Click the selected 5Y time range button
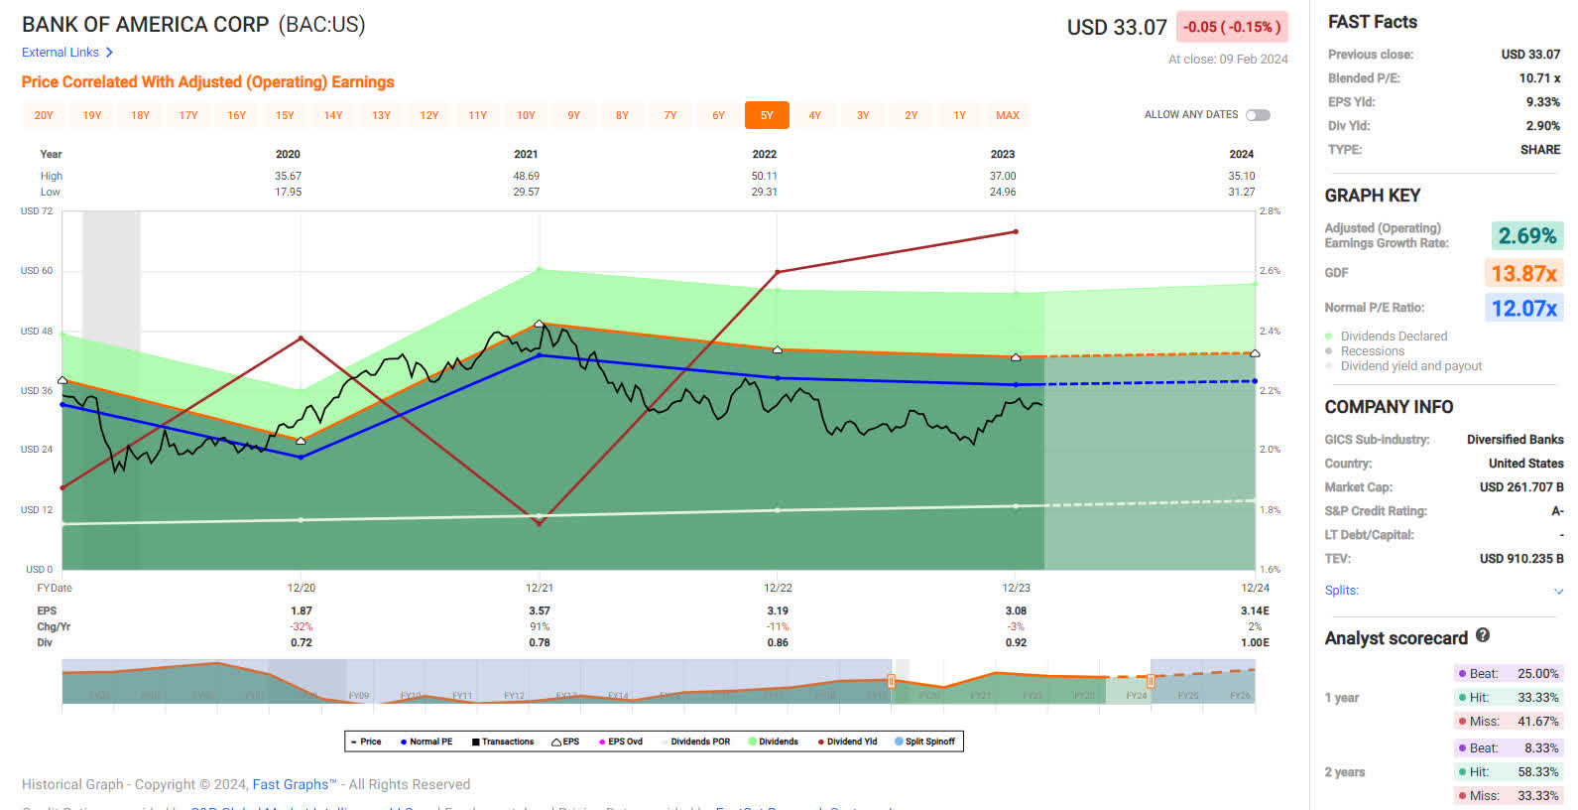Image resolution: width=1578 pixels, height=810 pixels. [x=767, y=115]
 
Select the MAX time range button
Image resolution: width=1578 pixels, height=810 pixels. [x=1007, y=115]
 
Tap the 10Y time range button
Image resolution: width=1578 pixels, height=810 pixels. [x=526, y=115]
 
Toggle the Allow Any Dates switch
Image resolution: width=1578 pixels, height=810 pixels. [x=1258, y=115]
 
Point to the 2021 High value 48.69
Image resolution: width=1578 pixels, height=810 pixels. [x=526, y=176]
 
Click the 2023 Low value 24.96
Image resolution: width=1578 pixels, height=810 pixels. [x=1002, y=192]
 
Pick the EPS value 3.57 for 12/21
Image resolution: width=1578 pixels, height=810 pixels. [x=539, y=610]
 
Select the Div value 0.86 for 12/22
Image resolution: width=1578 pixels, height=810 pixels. [x=778, y=642]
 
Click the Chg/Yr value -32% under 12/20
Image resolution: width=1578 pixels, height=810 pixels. [x=301, y=626]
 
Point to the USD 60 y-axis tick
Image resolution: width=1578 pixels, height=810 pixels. [x=37, y=270]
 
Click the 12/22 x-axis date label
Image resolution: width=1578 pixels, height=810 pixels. [x=778, y=588]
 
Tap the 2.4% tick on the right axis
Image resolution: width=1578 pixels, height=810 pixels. [x=1270, y=331]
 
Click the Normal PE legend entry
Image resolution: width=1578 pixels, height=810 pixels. [x=426, y=742]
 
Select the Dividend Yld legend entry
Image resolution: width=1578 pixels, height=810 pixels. [x=848, y=742]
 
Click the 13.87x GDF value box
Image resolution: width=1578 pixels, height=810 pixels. [x=1523, y=273]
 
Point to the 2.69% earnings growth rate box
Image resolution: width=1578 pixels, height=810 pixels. [x=1526, y=235]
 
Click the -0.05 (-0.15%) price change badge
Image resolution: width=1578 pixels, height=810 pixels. [x=1231, y=27]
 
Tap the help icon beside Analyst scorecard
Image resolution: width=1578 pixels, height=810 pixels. [x=1483, y=635]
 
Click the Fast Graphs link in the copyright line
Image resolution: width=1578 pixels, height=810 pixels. [x=294, y=784]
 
